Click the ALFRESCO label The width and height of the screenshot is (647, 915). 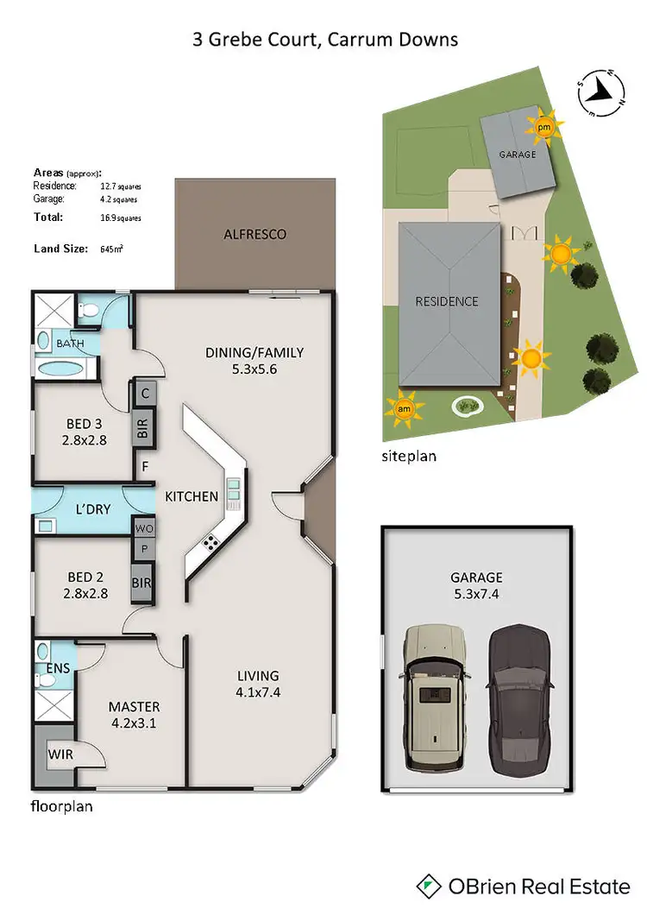pos(254,234)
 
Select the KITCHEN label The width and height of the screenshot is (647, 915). pos(192,496)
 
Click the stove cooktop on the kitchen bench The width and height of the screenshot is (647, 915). pos(210,542)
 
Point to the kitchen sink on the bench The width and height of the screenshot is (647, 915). pos(233,493)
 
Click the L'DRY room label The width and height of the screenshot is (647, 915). pos(92,509)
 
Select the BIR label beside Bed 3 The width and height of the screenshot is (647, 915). pos(143,428)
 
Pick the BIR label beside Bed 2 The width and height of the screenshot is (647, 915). pos(141,584)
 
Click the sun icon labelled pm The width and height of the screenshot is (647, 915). pos(543,128)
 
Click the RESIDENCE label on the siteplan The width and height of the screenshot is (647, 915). pos(447,301)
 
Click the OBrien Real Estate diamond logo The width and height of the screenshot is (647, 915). pos(429,886)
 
